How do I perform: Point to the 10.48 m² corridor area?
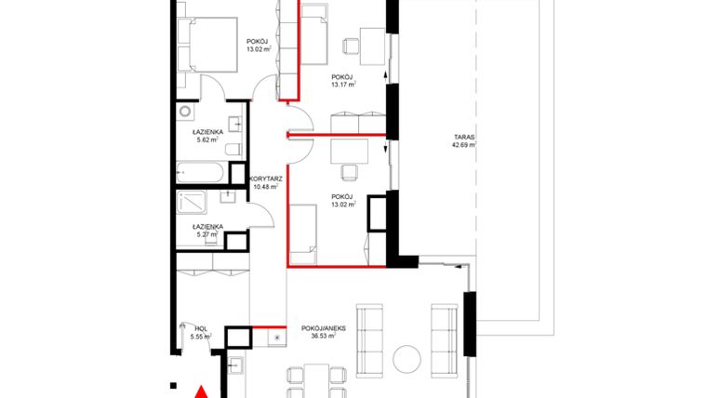pos(265,185)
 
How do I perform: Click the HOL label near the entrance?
pos(201,327)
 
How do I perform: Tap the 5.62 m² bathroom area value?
pos(206,142)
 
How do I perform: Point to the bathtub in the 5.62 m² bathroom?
pos(200,173)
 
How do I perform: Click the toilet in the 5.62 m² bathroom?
pos(233,150)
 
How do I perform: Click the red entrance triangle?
pos(199,391)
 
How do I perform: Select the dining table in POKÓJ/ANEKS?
pos(311,381)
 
